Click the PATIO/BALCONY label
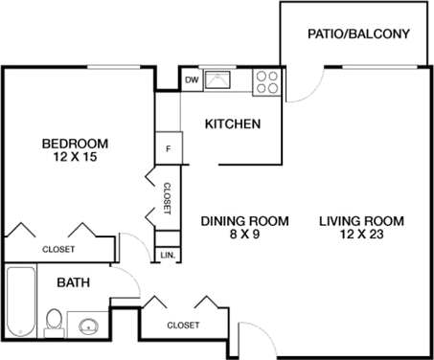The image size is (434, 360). click(358, 34)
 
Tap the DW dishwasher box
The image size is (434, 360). click(192, 80)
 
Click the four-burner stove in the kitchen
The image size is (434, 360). click(266, 82)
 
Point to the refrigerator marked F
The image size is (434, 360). click(169, 148)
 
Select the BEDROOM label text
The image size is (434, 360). click(75, 145)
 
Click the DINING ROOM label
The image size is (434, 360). click(244, 221)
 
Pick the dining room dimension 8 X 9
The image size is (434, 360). click(244, 235)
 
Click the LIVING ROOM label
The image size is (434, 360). click(361, 221)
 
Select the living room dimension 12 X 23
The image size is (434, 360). click(361, 235)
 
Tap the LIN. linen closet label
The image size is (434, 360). click(168, 255)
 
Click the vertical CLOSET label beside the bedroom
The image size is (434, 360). click(167, 198)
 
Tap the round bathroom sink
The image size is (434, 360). click(89, 325)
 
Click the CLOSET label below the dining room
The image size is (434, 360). click(184, 326)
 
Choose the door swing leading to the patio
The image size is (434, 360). click(305, 84)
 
